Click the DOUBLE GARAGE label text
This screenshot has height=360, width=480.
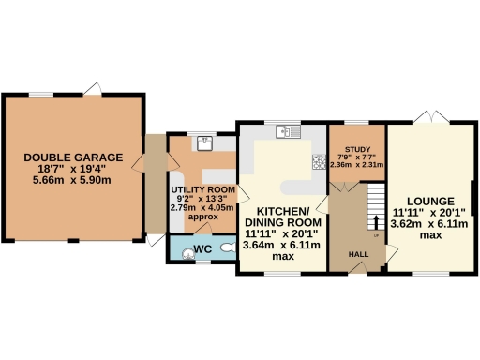(73, 158)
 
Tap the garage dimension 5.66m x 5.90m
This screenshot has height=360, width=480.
(73, 179)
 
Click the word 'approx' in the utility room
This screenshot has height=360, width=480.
(202, 217)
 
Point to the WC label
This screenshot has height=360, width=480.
(201, 249)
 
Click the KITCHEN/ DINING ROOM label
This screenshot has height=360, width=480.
(281, 217)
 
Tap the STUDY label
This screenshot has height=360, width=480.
(357, 149)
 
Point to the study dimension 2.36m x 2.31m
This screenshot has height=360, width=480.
(357, 164)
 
